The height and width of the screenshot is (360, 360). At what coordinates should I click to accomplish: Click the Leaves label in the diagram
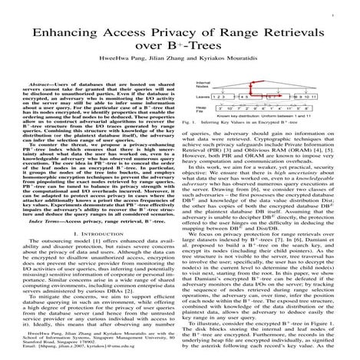pyautogui.click(x=203, y=98)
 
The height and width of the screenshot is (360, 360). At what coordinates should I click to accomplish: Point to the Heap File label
pyautogui.click(x=201, y=111)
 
